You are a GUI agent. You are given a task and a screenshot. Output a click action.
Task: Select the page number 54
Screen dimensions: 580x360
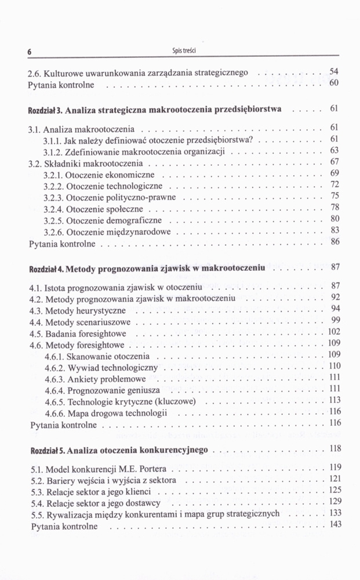333,71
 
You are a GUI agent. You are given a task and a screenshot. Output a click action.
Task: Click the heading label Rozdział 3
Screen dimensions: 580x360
45,109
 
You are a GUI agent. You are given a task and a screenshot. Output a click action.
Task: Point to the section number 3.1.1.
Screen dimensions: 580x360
53,140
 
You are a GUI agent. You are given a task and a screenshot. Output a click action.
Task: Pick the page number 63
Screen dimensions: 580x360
334,150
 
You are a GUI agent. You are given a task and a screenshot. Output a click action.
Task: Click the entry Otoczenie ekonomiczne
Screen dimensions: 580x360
111,175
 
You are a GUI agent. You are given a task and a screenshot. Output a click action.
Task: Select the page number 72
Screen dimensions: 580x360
334,184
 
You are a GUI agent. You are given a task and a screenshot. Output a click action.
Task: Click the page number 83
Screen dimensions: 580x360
334,230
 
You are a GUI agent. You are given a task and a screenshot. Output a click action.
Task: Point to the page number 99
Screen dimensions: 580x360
335,320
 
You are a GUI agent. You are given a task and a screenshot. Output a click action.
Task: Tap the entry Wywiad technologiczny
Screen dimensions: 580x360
113,367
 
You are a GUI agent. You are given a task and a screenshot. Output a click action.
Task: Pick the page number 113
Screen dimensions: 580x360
334,400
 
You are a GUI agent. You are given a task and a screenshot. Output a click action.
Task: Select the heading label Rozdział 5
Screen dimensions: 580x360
46,450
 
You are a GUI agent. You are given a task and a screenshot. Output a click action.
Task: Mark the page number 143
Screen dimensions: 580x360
334,524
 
